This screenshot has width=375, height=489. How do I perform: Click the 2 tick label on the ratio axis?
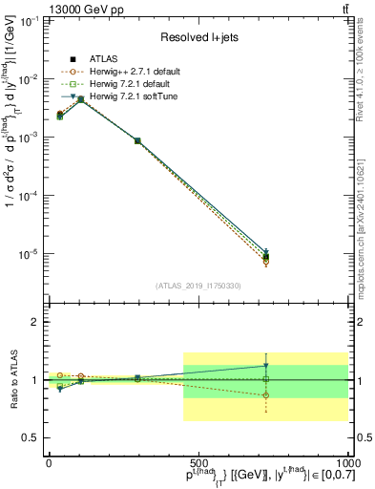(x=34, y=323)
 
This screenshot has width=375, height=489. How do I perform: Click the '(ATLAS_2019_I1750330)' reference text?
(x=198, y=286)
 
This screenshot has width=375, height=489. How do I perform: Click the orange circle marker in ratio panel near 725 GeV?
(x=266, y=394)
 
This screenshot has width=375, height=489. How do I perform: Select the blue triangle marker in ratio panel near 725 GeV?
(x=266, y=366)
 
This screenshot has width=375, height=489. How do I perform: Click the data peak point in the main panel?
(x=81, y=98)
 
